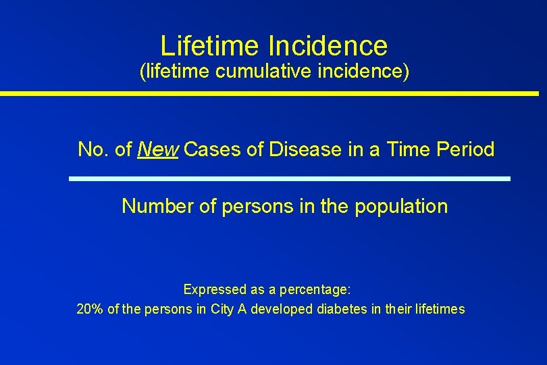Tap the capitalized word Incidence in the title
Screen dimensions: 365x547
[x=328, y=46]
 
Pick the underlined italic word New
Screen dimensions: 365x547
[x=157, y=149]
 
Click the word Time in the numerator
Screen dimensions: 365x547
[x=405, y=149]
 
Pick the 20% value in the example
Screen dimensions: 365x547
[x=90, y=310]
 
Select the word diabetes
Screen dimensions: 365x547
[x=344, y=310]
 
